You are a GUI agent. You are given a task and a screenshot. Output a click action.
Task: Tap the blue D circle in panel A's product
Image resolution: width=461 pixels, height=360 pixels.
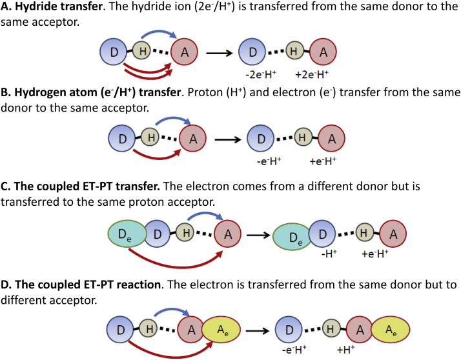(252, 51)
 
